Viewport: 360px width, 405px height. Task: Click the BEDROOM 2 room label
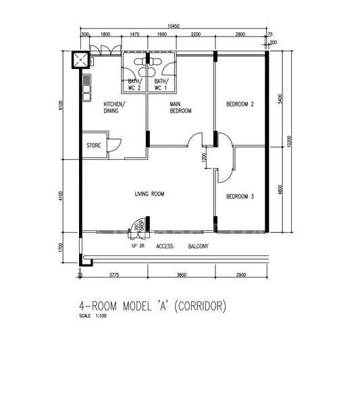(240, 105)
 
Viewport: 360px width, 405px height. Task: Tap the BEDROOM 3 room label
(240, 196)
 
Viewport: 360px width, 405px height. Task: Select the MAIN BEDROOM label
(180, 107)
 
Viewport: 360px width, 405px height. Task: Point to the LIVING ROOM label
(149, 194)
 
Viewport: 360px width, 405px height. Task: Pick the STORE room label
(93, 146)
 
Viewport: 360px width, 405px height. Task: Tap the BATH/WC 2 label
(134, 84)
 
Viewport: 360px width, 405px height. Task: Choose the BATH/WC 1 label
(161, 84)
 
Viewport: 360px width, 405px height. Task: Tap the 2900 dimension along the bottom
(241, 275)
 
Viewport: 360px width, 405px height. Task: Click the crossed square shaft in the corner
(82, 60)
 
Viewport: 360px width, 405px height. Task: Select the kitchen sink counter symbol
(86, 88)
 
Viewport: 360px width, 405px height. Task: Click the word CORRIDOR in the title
(201, 306)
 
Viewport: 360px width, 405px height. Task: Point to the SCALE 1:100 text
(94, 316)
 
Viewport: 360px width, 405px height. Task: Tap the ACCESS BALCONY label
(182, 246)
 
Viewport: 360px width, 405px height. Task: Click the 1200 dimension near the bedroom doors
(204, 159)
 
